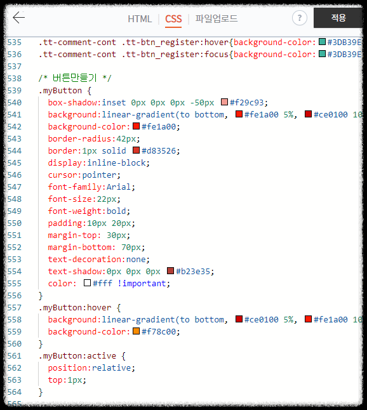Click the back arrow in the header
coord(18,18)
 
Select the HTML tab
coord(140,19)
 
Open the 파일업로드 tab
coord(217,18)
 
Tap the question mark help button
coord(300,18)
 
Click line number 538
coord(15,78)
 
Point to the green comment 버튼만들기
coord(75,78)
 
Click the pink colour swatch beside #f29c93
coord(224,102)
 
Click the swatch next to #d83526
coord(136,150)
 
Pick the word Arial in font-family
coord(119,187)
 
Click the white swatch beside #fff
coord(87,283)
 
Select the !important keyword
coord(142,284)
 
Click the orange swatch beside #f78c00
coord(136,331)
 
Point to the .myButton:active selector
coord(77,356)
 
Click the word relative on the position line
coord(111,368)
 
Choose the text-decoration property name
coord(84,260)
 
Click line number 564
coord(15,392)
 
